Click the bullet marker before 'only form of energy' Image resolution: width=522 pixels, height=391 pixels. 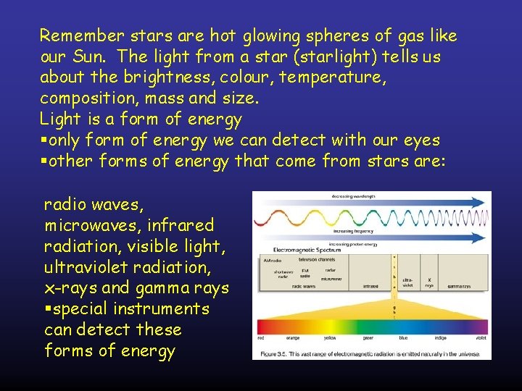pos(43,140)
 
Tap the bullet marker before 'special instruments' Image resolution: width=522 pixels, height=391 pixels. pos(48,309)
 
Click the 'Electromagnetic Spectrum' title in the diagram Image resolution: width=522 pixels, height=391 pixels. pos(288,250)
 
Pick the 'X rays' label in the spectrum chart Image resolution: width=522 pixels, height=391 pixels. pos(430,282)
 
